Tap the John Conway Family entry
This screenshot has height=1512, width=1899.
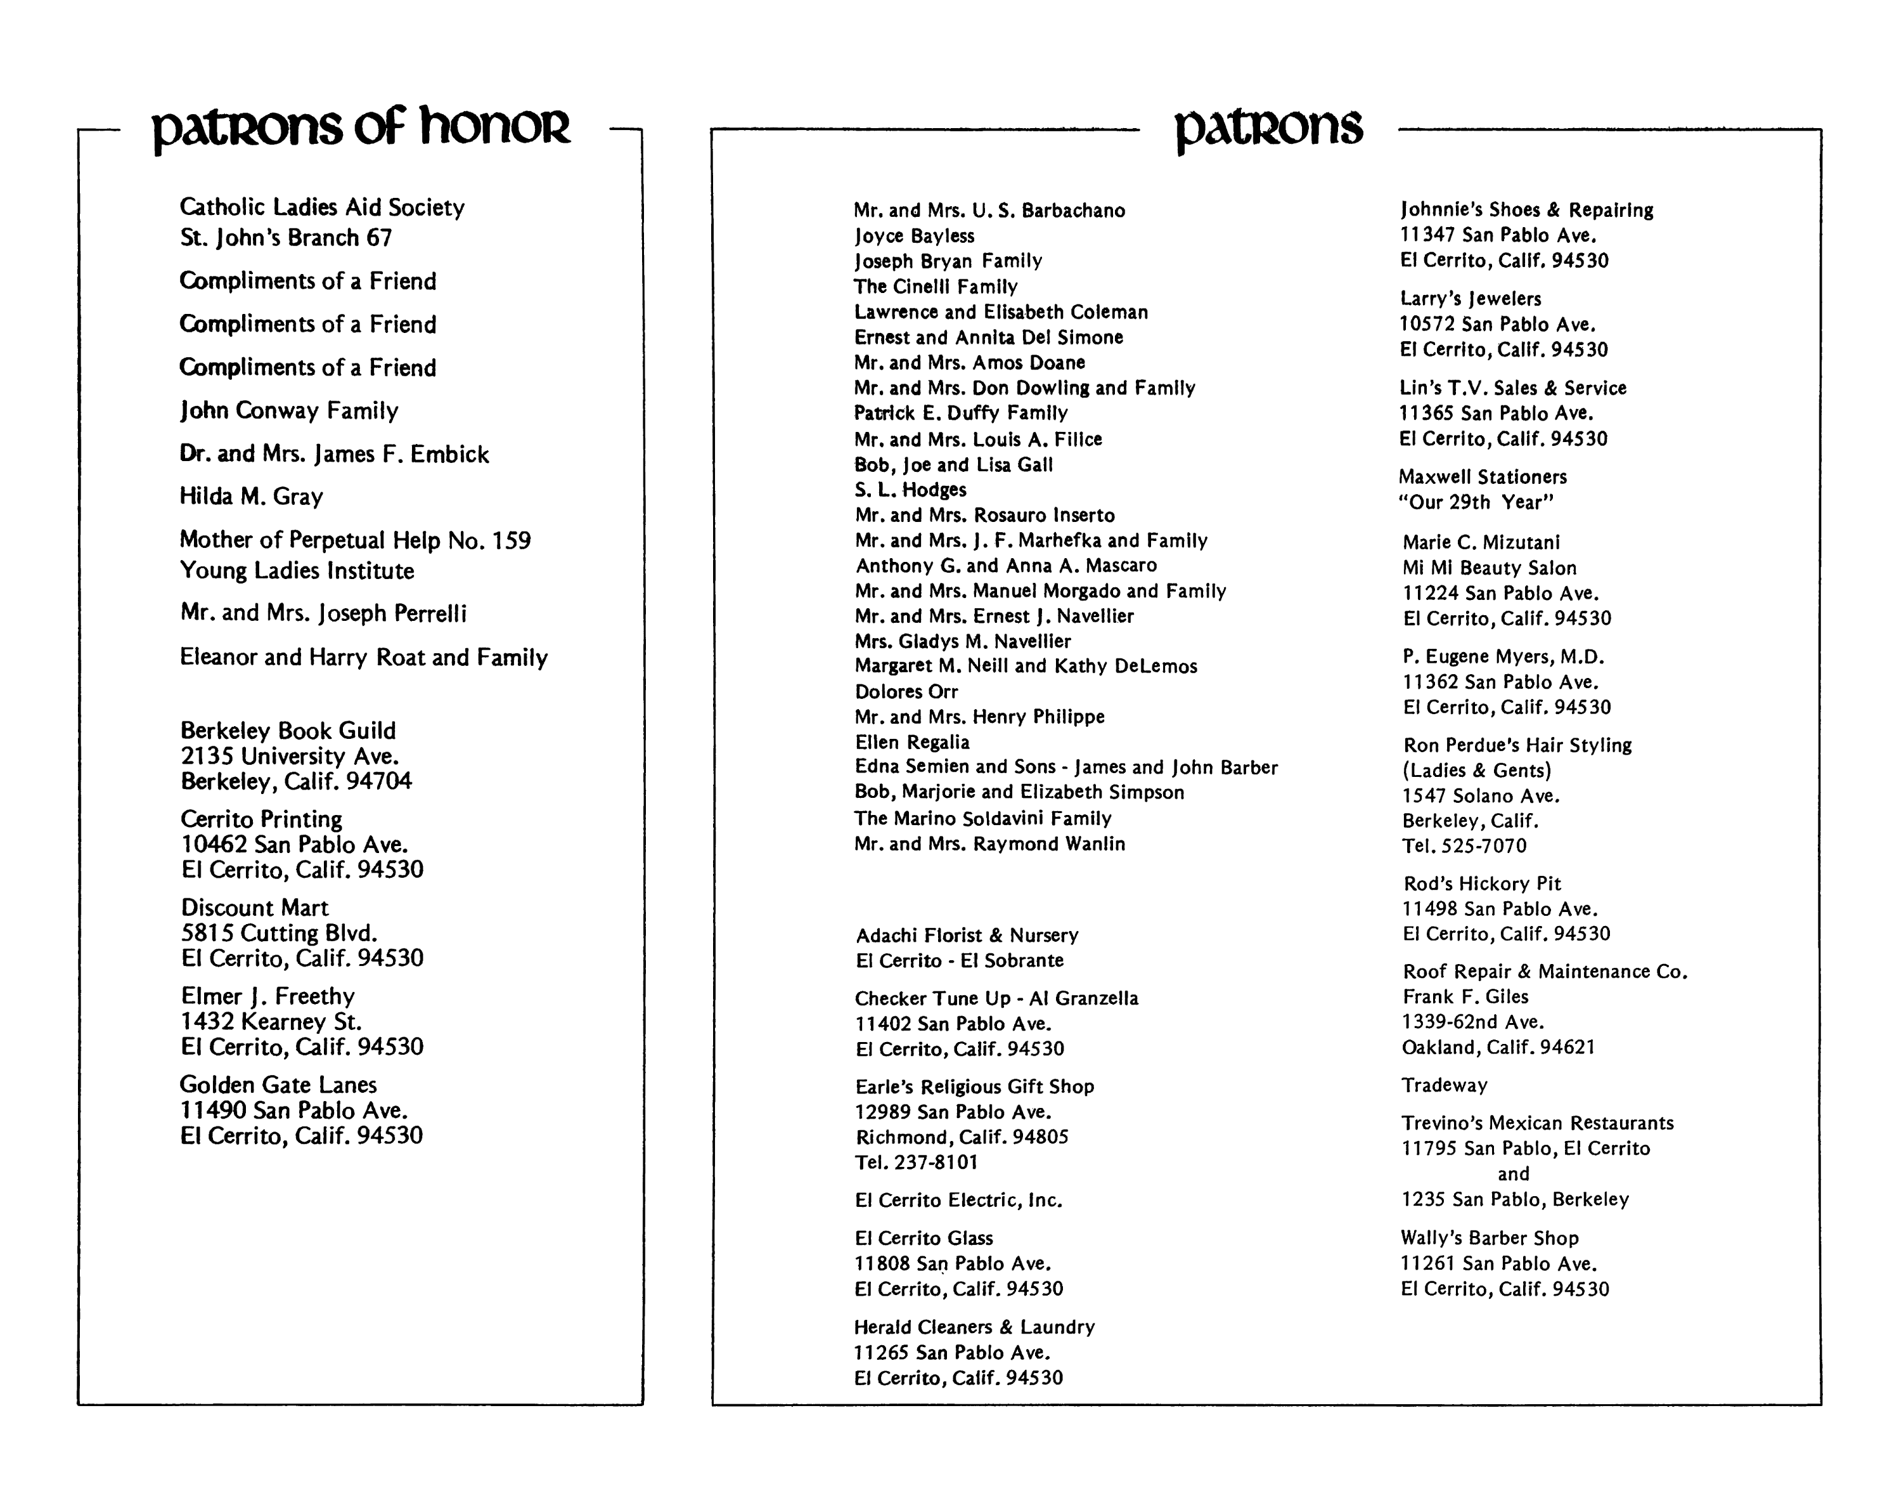tap(289, 410)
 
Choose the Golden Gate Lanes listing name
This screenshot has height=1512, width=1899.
tap(278, 1085)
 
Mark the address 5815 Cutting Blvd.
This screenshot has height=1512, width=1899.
tap(280, 933)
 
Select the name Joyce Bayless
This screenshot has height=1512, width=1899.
tap(914, 236)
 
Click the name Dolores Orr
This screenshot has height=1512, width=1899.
tap(906, 692)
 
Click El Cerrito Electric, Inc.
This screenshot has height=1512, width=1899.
tap(958, 1200)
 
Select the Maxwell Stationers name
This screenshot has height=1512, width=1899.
tap(1483, 477)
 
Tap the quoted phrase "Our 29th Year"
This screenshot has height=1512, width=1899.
tap(1476, 502)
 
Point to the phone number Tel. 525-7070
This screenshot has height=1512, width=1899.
tap(1464, 846)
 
